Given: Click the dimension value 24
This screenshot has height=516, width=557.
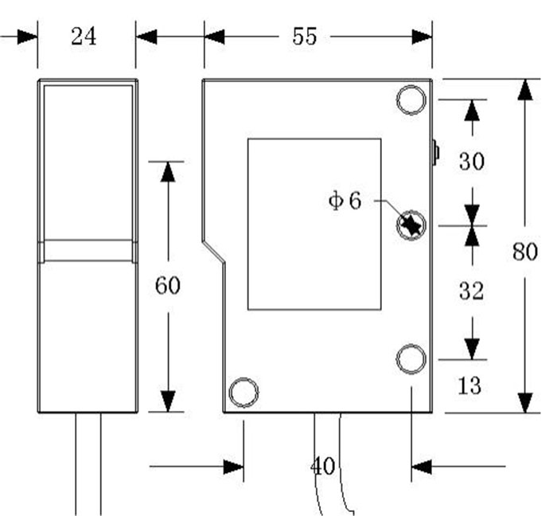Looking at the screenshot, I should (x=84, y=37).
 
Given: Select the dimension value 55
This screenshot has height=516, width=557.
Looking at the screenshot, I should (x=304, y=37).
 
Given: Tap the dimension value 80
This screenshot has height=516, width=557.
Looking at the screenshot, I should (x=525, y=252).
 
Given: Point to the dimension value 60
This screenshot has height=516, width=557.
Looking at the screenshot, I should (x=167, y=285).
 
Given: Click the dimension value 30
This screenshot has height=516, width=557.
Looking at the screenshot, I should (x=472, y=162).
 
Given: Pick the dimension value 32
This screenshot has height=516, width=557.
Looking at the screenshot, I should (x=472, y=291).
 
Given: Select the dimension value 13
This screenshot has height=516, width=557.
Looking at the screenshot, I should (x=470, y=385).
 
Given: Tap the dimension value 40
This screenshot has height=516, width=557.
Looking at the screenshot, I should (x=324, y=466).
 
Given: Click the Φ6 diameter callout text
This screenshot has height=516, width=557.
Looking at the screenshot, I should (x=345, y=201).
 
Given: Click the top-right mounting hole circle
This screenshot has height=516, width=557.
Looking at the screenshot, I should (x=411, y=100).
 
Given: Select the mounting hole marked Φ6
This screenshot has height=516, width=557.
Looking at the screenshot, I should (x=411, y=225).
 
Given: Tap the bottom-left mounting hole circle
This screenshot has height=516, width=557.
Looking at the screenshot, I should (x=243, y=392).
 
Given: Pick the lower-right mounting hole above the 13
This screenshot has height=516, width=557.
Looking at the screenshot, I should (x=411, y=359).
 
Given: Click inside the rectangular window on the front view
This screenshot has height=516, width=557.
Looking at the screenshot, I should (x=314, y=224).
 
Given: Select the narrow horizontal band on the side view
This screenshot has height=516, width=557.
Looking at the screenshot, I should (x=88, y=251).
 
